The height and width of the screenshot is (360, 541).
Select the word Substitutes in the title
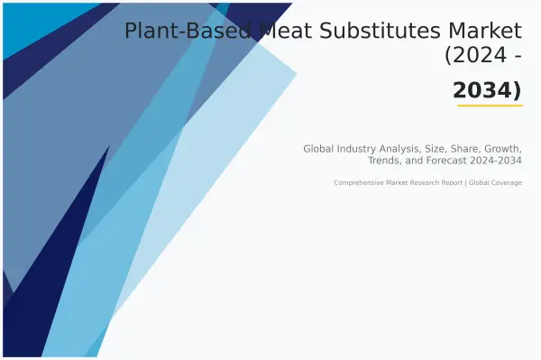pyautogui.click(x=385, y=32)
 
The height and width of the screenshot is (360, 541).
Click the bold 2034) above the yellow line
pyautogui.click(x=488, y=90)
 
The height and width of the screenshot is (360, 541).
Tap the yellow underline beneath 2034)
pyautogui.click(x=490, y=106)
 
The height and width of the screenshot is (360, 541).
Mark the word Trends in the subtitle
pyautogui.click(x=387, y=161)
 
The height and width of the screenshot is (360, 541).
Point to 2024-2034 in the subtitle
pyautogui.click(x=498, y=161)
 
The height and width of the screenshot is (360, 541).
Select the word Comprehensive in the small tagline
pyautogui.click(x=357, y=182)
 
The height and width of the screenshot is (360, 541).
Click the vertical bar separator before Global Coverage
pyautogui.click(x=464, y=182)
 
